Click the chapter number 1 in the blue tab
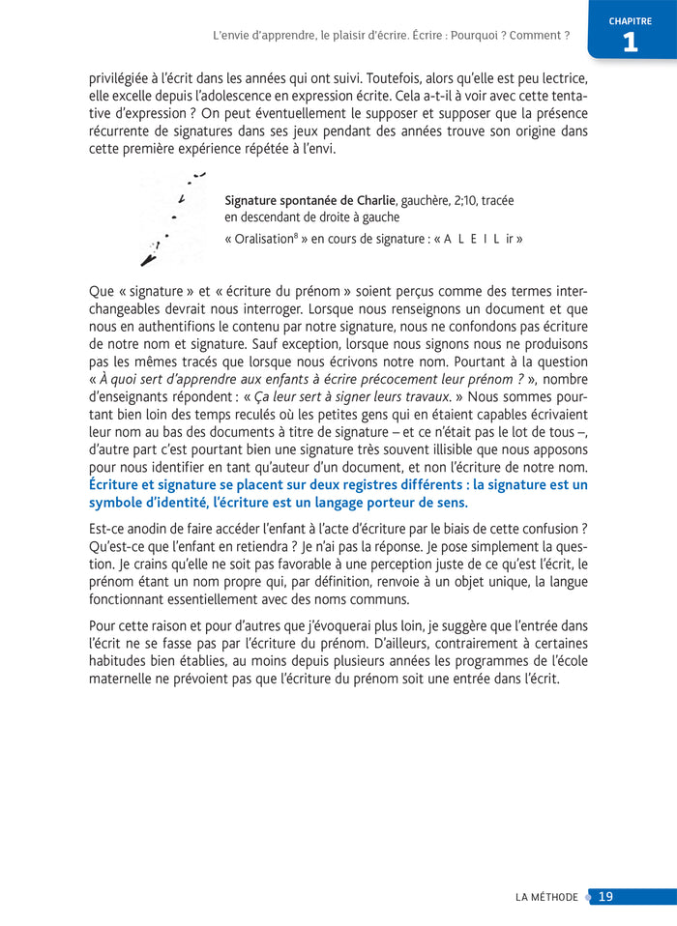pyautogui.click(x=630, y=42)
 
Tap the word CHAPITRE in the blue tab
pyautogui.click(x=630, y=21)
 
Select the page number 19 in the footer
pyautogui.click(x=606, y=896)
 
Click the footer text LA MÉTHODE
pyautogui.click(x=546, y=896)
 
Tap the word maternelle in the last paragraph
pyautogui.click(x=124, y=679)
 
